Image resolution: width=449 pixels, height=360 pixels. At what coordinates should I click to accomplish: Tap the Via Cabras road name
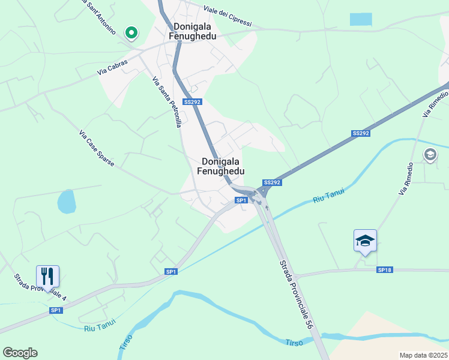(113, 67)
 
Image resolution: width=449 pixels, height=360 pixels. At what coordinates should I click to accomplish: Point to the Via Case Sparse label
(96, 149)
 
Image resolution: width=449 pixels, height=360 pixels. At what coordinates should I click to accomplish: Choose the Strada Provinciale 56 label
(295, 293)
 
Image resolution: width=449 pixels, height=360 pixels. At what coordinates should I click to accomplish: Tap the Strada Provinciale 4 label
(40, 287)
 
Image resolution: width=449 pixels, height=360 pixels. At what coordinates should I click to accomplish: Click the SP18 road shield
(384, 271)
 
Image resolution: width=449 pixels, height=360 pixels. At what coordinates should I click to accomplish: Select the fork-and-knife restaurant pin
(47, 276)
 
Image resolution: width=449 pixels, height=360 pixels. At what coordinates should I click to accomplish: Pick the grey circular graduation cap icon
(430, 155)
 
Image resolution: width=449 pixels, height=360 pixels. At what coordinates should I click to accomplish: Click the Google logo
(20, 353)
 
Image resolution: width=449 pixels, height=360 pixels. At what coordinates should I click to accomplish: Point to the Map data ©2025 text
(423, 355)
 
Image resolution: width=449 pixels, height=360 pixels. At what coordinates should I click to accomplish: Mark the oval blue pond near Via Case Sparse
(67, 202)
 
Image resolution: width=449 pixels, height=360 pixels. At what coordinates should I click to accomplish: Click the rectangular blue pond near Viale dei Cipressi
(361, 19)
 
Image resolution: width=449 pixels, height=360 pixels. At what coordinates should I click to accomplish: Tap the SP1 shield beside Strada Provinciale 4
(56, 310)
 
